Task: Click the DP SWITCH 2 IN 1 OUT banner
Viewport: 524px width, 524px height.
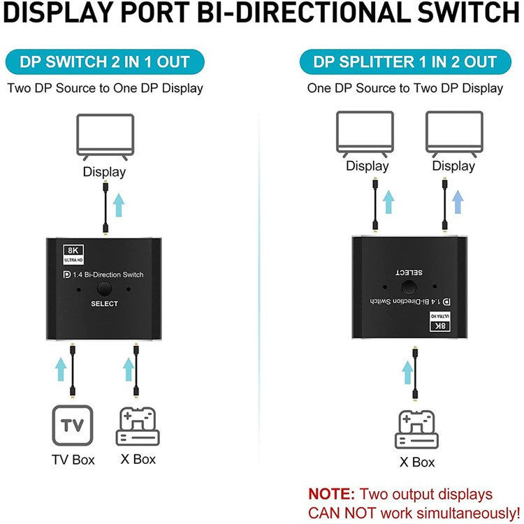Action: point(104,61)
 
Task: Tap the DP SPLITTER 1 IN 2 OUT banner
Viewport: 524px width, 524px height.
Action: point(405,61)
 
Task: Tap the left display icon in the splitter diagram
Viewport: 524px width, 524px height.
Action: point(367,133)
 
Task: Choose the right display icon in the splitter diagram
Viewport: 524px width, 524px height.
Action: point(453,133)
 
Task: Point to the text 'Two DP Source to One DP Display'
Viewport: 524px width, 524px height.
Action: point(105,88)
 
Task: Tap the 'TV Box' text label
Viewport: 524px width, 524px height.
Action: point(73,460)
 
